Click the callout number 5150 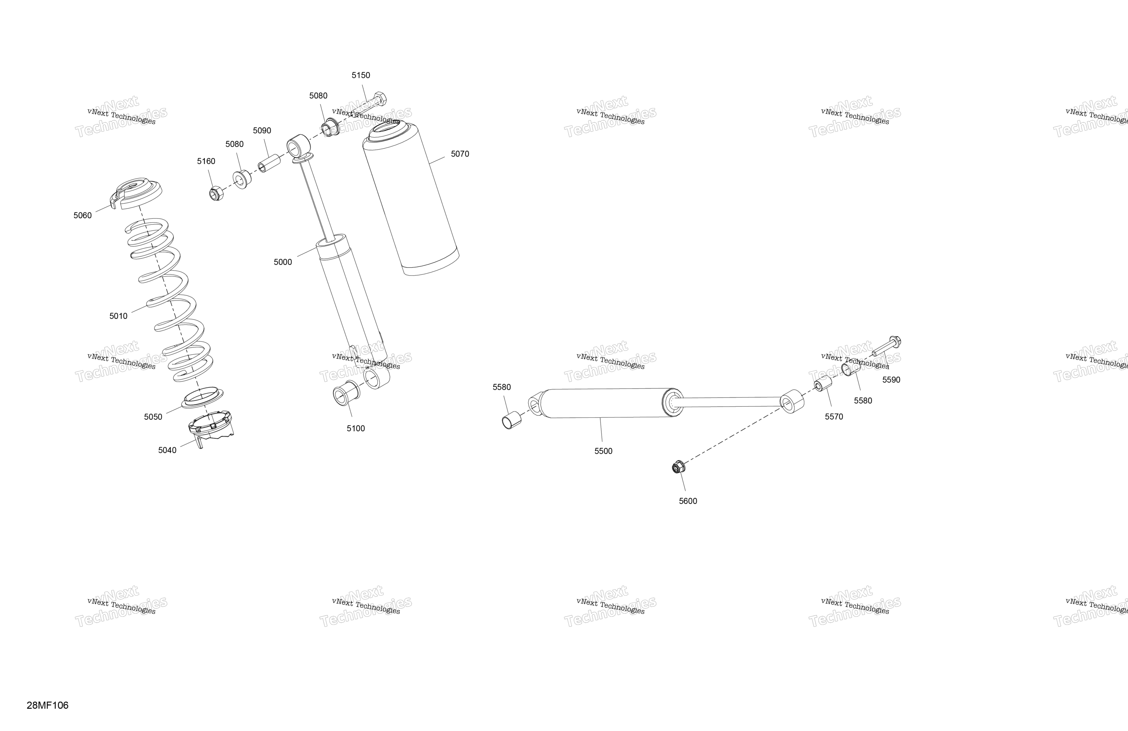[361, 75]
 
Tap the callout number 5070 [460, 154]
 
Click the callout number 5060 [82, 216]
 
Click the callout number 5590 [891, 380]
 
